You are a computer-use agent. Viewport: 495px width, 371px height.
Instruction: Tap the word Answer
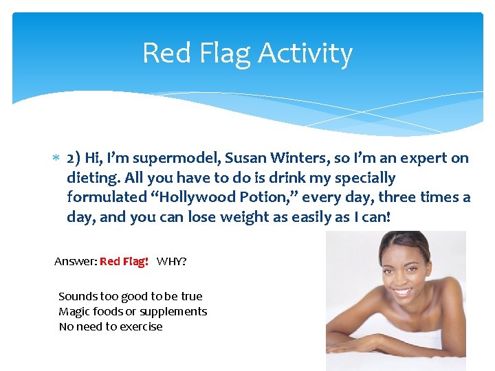74,262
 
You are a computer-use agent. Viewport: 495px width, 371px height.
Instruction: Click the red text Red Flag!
124,262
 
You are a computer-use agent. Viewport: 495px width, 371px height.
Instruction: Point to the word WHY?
172,262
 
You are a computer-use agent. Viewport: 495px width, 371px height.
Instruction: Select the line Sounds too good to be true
131,296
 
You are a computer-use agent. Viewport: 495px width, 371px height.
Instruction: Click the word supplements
173,311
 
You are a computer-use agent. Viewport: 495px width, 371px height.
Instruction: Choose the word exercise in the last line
140,326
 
